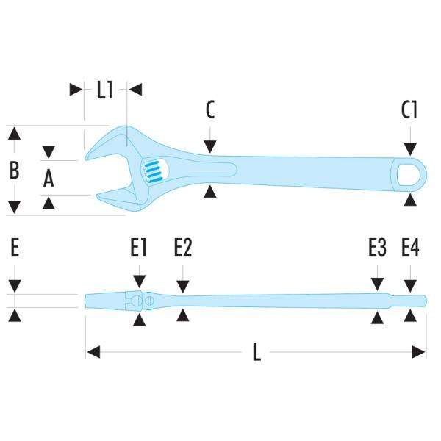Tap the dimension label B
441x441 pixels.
click(14, 171)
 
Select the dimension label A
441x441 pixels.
click(49, 178)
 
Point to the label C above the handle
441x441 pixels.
click(210, 110)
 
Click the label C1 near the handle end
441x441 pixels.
click(409, 110)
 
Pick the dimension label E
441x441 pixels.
click(14, 248)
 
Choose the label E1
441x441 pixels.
click(140, 248)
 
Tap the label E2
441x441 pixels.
click(183, 248)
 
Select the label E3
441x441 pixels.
click(377, 248)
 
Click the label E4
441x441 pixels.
click(410, 248)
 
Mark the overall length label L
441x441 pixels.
click(257, 353)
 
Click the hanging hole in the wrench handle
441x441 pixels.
click(409, 175)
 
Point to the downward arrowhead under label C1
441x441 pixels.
click(410, 149)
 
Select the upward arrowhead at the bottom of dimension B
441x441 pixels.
click(14, 206)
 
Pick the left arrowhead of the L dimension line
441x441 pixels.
click(93, 353)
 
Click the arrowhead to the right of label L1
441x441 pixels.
click(135, 90)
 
